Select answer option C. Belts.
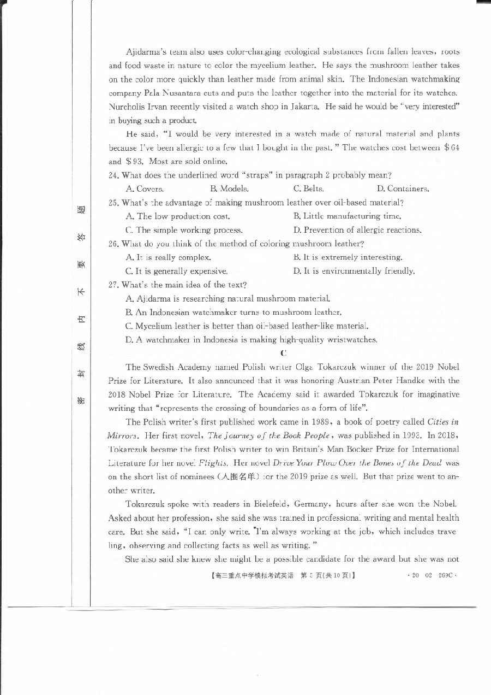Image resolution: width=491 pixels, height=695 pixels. point(308,189)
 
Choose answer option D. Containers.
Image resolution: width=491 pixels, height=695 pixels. point(403,189)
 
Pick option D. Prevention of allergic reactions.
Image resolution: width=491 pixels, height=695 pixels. point(357,230)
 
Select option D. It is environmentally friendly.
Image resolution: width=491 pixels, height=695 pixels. point(354,271)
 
